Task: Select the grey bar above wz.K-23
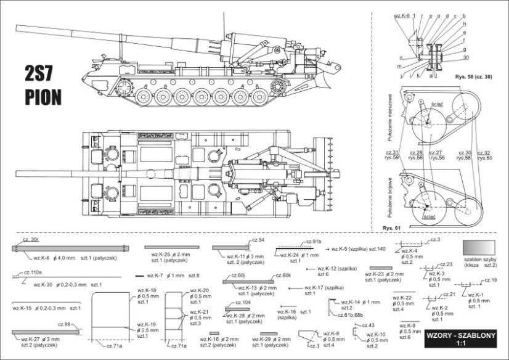click(x=381, y=268)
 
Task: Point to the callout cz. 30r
click(x=31, y=239)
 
